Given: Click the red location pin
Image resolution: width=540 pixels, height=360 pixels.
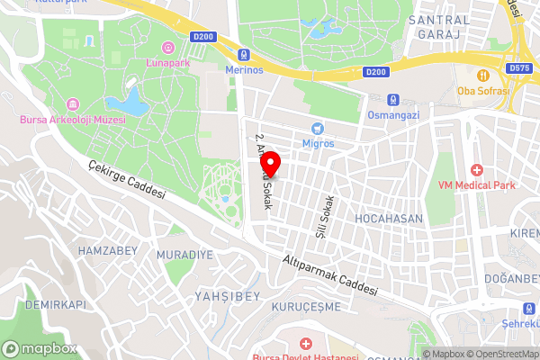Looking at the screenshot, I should pos(270,164).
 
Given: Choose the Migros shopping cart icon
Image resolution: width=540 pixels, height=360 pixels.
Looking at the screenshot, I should pos(317,129).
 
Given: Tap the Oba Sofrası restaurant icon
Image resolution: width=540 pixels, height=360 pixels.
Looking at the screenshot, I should pos(483,75).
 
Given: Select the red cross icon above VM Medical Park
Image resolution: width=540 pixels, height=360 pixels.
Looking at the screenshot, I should pos(476,170).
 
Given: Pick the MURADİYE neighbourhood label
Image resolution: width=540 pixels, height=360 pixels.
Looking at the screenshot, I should pos(185,255).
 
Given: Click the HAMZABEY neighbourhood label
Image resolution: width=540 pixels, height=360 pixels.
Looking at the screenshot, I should pos(106,248).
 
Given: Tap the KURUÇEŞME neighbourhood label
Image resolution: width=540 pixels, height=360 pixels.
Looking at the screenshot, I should pos(301,306).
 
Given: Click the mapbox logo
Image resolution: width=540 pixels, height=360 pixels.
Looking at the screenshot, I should pos(40,348).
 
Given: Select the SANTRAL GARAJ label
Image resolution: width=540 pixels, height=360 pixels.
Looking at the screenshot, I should pos(439,26).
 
